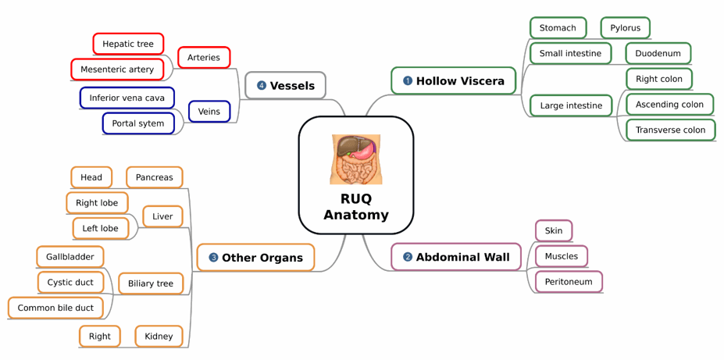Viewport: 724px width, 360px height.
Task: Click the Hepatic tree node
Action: tap(128, 44)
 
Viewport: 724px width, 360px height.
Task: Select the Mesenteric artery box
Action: tap(117, 70)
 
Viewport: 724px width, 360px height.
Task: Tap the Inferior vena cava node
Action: tap(127, 98)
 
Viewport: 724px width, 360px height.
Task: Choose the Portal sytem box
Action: tap(138, 123)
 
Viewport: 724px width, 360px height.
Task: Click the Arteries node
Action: tap(204, 57)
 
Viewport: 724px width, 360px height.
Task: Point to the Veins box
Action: tap(209, 112)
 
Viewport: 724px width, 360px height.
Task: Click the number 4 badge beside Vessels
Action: tap(261, 86)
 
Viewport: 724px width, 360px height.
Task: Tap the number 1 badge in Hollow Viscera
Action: tap(407, 81)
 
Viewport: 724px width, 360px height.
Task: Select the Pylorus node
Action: tap(625, 28)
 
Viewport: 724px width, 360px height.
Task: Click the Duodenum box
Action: tap(658, 54)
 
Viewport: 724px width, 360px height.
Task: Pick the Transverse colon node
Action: tap(670, 130)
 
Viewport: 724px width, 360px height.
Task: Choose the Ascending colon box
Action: tap(669, 105)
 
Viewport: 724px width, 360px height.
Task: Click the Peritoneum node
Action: tap(569, 282)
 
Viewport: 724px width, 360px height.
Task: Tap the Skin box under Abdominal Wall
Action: tap(554, 231)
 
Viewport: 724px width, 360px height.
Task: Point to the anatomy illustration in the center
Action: tap(356, 159)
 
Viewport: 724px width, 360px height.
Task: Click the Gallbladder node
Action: tap(70, 257)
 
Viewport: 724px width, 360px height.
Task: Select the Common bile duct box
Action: tap(55, 308)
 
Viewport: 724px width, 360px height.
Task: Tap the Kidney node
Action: tap(159, 337)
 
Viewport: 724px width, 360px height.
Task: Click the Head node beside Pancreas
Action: tap(91, 177)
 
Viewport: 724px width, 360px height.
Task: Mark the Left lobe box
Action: tap(101, 228)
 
